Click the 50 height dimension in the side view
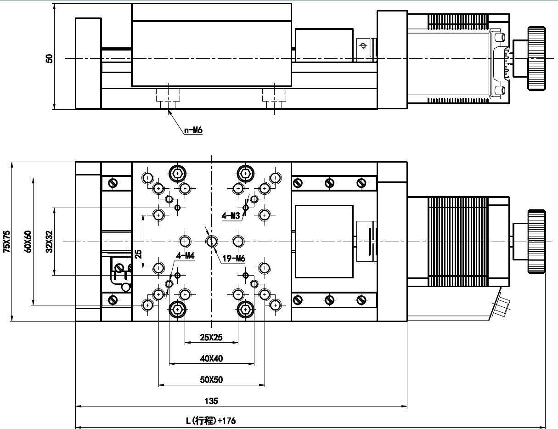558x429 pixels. point(49,58)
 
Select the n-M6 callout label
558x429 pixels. point(193,130)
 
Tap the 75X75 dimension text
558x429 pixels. point(7,242)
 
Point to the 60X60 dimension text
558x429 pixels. point(28,242)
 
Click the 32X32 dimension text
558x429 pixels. point(49,242)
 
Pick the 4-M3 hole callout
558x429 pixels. point(231,216)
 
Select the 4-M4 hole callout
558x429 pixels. point(185,255)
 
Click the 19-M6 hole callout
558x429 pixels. point(234,258)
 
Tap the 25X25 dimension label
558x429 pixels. point(211,337)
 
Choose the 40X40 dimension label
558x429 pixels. point(211,358)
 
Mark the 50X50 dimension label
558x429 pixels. point(211,379)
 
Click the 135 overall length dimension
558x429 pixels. point(211,401)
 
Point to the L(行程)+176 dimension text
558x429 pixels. point(211,421)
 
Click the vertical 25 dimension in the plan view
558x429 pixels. point(138,254)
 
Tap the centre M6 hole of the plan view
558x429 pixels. point(211,242)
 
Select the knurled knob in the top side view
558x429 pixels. point(536,58)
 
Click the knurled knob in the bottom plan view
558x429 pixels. point(536,242)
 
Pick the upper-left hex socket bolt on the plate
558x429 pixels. point(177,174)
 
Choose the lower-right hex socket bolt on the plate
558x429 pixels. point(246,310)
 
